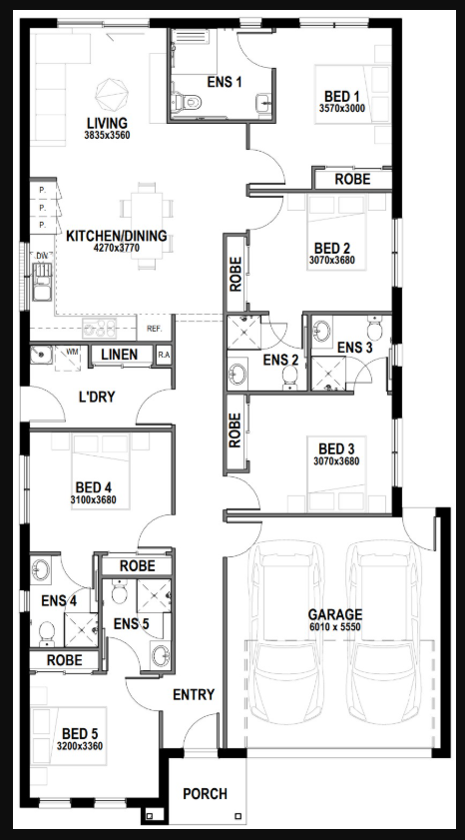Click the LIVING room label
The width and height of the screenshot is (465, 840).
pos(107,122)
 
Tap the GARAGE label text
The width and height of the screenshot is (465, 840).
pos(335,614)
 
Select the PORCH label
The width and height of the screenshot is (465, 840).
pos(205,794)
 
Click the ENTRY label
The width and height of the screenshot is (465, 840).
pos(194,694)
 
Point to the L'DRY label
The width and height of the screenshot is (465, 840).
pos(98,398)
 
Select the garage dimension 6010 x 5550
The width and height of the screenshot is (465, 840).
pos(335,627)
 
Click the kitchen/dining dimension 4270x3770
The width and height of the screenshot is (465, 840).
pos(116,250)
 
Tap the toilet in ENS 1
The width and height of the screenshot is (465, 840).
pos(187,103)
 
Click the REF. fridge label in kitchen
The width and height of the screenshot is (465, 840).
pos(155,329)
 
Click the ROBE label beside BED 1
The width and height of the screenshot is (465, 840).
pos(353,180)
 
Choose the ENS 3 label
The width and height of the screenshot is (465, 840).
pos(354,347)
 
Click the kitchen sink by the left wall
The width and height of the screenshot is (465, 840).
pos(41,286)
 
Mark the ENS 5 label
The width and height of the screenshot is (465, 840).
pos(131,623)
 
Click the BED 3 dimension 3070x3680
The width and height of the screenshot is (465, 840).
pos(334,460)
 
